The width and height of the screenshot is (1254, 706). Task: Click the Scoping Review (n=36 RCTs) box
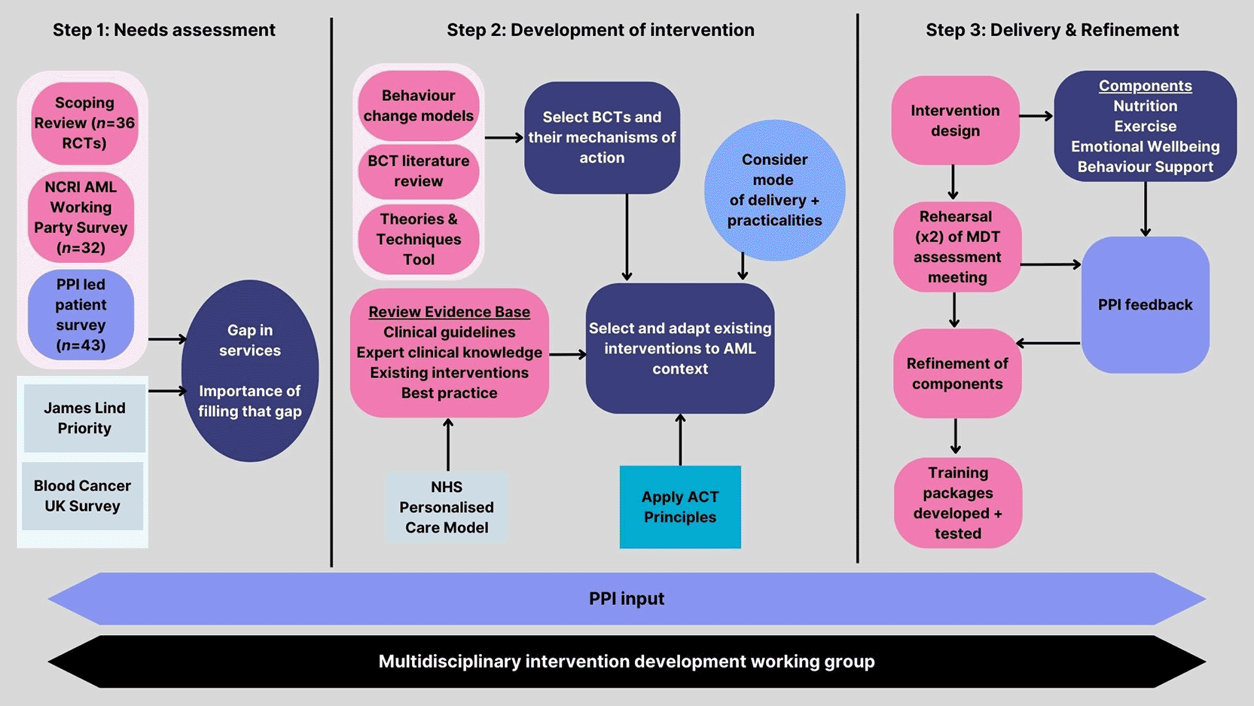(84, 123)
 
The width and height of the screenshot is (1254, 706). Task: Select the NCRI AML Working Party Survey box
(81, 217)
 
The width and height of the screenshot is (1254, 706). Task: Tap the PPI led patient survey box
(81, 315)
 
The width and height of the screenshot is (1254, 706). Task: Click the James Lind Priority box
(84, 417)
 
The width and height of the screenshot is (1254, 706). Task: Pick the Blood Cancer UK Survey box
(82, 496)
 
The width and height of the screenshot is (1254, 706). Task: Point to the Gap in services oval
(250, 371)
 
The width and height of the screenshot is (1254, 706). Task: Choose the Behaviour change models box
(418, 105)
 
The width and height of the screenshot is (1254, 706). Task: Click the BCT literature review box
(418, 171)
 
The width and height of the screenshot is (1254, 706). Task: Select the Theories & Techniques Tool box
(418, 239)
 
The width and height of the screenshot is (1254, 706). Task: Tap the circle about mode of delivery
(775, 190)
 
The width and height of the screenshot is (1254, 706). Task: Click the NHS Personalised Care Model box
(447, 506)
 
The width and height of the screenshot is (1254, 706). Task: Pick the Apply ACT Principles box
(680, 506)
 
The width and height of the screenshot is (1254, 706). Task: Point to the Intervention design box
(955, 121)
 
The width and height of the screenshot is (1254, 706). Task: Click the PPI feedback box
(1146, 304)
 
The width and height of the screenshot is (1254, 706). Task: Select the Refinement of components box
(957, 374)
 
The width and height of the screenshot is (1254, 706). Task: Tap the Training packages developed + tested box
(958, 503)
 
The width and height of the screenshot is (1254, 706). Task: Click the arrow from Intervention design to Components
(1036, 117)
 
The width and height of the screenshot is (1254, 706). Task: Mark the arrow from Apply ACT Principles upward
(680, 439)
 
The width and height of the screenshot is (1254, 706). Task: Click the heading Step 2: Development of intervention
(601, 29)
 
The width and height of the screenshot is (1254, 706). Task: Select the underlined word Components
(1146, 86)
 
